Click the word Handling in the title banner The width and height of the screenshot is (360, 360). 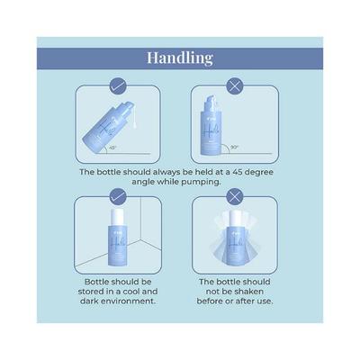pos(180,58)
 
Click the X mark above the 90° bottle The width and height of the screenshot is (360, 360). pos(235,87)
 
